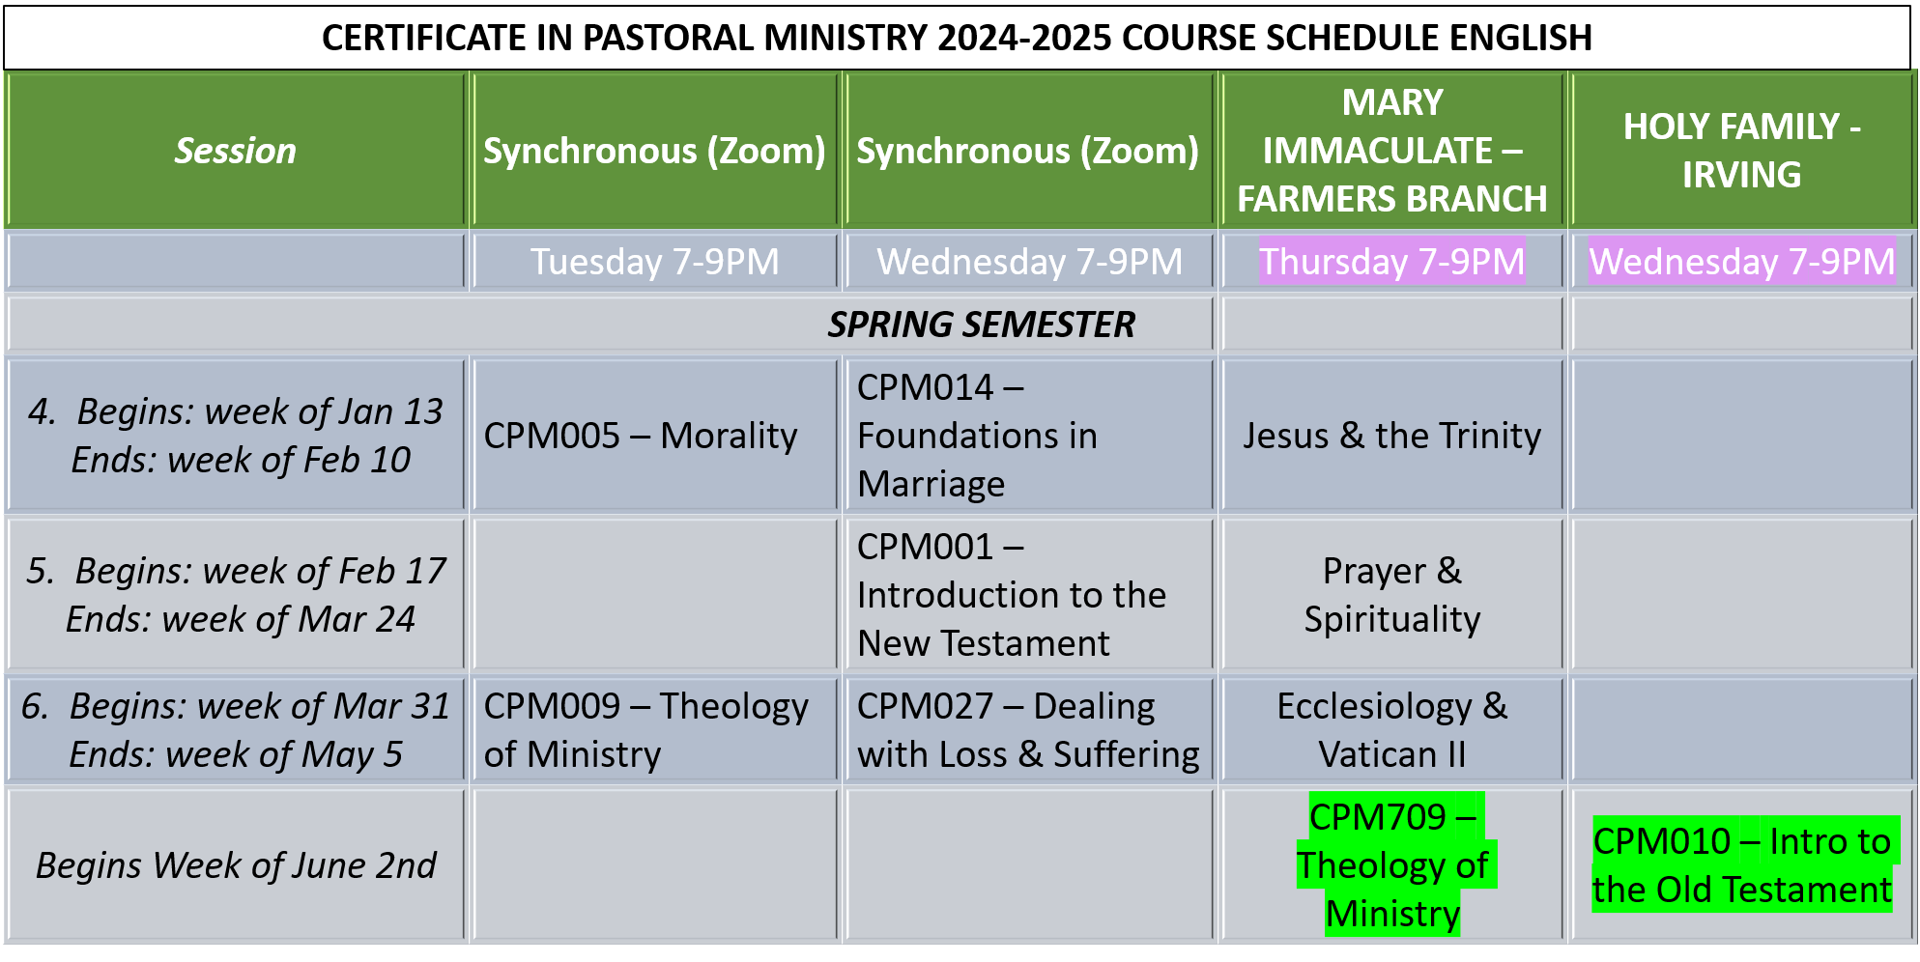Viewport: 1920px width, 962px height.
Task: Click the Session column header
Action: tap(235, 151)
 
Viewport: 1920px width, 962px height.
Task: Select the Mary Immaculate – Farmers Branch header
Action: tap(1392, 151)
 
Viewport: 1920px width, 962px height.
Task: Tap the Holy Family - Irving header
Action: tap(1741, 151)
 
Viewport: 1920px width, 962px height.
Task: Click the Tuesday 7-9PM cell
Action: tap(654, 262)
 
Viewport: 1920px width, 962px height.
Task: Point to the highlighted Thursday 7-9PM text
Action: tap(1392, 262)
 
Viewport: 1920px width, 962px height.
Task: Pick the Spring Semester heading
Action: tap(981, 325)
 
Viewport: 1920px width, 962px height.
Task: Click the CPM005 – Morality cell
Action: tap(641, 436)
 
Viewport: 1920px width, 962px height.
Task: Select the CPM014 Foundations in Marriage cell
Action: tap(977, 436)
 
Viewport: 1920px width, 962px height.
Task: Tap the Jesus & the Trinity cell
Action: tap(1392, 436)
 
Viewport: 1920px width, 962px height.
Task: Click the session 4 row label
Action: tap(236, 436)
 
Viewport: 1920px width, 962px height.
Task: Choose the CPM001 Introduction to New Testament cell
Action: tap(1011, 595)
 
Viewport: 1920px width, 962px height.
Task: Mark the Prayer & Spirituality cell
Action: tap(1392, 595)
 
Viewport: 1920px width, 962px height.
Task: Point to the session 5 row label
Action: tap(236, 595)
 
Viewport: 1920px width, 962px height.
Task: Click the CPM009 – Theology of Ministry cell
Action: tap(645, 730)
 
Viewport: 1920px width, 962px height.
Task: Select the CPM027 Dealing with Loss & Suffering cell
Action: tap(1028, 730)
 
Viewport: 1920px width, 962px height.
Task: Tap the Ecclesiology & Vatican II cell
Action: tap(1392, 730)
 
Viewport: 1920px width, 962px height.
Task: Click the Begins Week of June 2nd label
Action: tap(236, 865)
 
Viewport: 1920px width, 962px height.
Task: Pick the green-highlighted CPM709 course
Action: tap(1392, 865)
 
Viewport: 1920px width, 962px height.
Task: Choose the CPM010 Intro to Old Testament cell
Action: tap(1741, 865)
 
